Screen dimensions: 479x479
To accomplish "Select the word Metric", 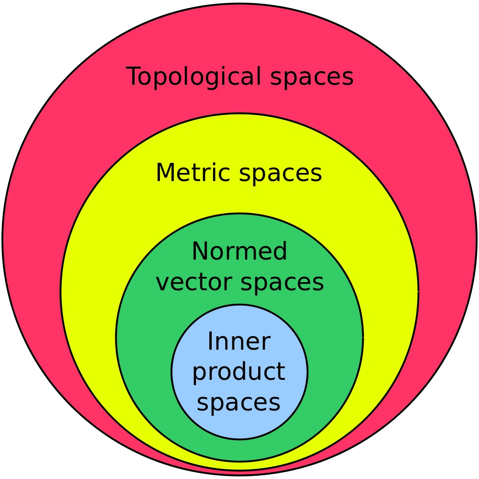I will pyautogui.click(x=194, y=172).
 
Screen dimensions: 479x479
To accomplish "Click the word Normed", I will pyautogui.click(x=239, y=251).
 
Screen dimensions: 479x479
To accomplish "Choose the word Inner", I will pyautogui.click(x=239, y=342).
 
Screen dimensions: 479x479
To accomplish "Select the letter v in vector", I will pyautogui.click(x=162, y=284).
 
